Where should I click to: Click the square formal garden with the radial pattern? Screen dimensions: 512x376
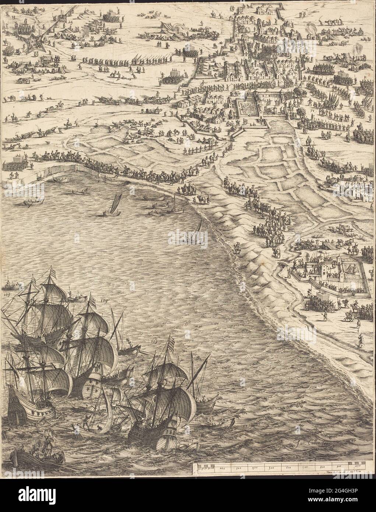(246, 109)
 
